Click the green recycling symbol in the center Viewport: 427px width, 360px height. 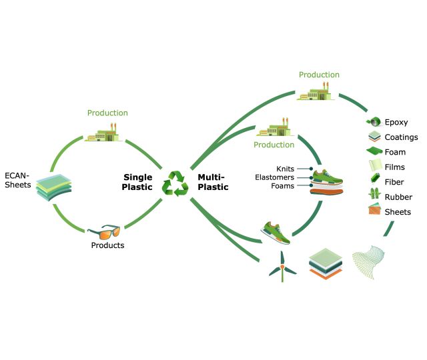pyautogui.click(x=175, y=183)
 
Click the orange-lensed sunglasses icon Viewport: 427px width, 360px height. pyautogui.click(x=103, y=233)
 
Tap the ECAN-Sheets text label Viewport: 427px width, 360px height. pyautogui.click(x=17, y=180)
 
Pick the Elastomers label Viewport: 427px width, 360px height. pyautogui.click(x=275, y=177)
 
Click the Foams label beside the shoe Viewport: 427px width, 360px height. pyautogui.click(x=284, y=186)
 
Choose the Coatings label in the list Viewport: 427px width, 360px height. pyautogui.click(x=401, y=137)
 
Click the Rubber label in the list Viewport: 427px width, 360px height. pyautogui.click(x=398, y=197)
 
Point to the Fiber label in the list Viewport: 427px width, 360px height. pyautogui.click(x=394, y=182)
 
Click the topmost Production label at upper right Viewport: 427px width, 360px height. pyautogui.click(x=319, y=75)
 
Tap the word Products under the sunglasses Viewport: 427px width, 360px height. pyautogui.click(x=107, y=245)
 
